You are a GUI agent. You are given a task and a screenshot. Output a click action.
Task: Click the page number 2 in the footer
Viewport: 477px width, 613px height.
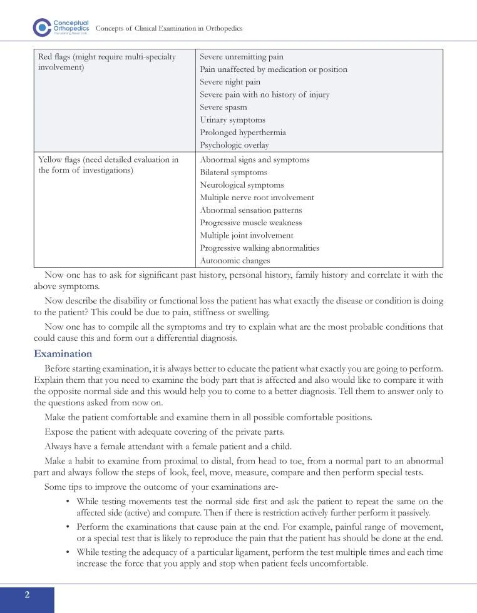(27, 594)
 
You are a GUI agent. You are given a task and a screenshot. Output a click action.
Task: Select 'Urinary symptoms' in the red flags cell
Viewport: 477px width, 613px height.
(232, 119)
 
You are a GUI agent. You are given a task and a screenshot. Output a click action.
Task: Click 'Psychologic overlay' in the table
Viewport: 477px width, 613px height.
(234, 145)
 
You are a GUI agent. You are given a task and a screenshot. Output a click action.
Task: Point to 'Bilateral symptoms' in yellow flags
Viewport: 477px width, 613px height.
(233, 172)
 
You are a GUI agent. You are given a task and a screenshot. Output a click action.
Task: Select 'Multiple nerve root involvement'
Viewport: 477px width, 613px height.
(257, 198)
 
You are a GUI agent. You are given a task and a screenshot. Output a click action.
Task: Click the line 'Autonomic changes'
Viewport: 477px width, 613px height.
(235, 261)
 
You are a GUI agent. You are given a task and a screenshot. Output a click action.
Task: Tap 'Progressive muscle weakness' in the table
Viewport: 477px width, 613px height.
(250, 223)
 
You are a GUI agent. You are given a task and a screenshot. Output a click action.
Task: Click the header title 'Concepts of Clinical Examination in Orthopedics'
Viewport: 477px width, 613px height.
(168, 29)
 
